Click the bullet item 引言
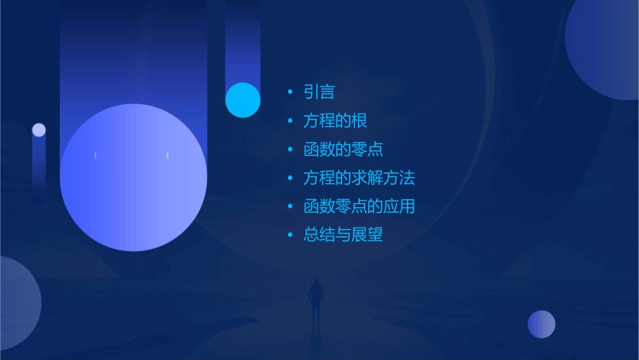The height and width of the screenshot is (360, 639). point(319,92)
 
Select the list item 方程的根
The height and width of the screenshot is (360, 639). point(335,121)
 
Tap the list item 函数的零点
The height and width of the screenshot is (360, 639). point(343,149)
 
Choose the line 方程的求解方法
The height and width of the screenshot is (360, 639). point(359,178)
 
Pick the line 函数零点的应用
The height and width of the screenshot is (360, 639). point(359,206)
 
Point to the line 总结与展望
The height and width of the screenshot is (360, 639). point(343,235)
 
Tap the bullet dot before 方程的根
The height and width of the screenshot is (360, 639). point(290,121)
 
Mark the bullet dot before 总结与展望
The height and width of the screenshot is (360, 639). point(290,235)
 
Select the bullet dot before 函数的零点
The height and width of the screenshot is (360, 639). point(290,149)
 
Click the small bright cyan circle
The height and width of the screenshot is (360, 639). point(243,100)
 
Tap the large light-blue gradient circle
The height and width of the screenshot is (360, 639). point(133,178)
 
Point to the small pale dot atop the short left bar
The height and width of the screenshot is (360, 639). point(39,130)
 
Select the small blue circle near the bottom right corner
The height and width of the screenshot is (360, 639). point(541,324)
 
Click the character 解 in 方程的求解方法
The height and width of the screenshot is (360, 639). point(375,178)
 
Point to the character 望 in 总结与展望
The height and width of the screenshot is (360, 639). point(375,235)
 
